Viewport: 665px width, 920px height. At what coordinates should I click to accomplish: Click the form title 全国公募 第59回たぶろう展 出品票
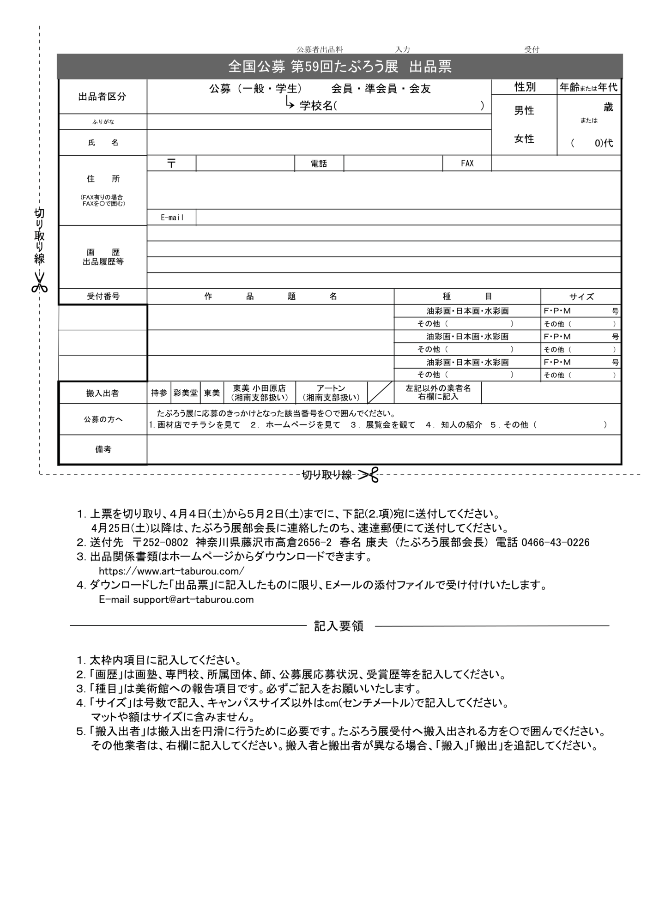pyautogui.click(x=339, y=67)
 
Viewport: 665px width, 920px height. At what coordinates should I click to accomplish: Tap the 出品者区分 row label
pyautogui.click(x=102, y=97)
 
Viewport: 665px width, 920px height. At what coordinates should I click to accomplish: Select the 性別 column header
pyautogui.click(x=525, y=87)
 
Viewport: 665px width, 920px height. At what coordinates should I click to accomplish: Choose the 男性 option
pyautogui.click(x=524, y=111)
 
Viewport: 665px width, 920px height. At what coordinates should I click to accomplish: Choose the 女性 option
pyautogui.click(x=524, y=139)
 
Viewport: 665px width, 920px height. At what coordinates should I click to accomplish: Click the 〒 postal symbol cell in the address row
pyautogui.click(x=171, y=163)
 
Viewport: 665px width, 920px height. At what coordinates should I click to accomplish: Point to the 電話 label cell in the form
pyautogui.click(x=319, y=163)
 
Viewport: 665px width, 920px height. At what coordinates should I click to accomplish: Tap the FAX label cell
pyautogui.click(x=467, y=163)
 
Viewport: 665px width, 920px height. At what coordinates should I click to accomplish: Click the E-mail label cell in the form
pyautogui.click(x=172, y=218)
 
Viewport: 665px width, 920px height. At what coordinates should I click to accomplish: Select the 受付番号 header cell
pyautogui.click(x=103, y=297)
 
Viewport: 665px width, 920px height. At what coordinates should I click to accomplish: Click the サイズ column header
pyautogui.click(x=581, y=297)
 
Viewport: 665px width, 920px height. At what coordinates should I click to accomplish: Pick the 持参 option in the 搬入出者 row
pyautogui.click(x=159, y=393)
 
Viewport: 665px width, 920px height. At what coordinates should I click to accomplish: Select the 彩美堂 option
pyautogui.click(x=185, y=393)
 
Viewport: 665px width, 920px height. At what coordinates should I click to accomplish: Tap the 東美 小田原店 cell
pyautogui.click(x=259, y=393)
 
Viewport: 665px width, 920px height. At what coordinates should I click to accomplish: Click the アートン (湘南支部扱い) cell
pyautogui.click(x=331, y=393)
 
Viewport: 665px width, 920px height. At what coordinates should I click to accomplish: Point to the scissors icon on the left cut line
pyautogui.click(x=40, y=282)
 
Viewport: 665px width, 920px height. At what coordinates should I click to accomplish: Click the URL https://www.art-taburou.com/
pyautogui.click(x=172, y=571)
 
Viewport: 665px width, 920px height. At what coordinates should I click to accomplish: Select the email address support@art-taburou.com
pyautogui.click(x=193, y=599)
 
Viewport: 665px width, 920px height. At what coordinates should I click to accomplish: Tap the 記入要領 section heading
pyautogui.click(x=339, y=626)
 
